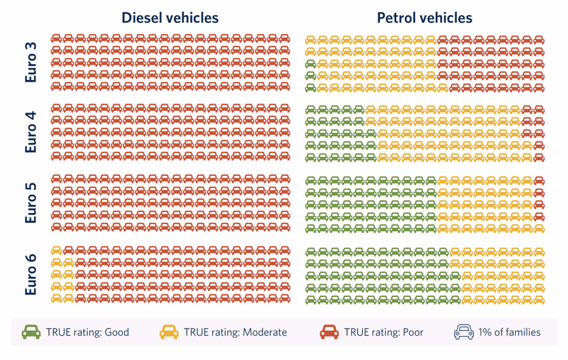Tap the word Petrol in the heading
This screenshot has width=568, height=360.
396,18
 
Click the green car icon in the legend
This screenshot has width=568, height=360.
31,332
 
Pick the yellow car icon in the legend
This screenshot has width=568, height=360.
169,332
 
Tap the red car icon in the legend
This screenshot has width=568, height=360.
329,332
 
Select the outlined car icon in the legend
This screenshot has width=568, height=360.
463,332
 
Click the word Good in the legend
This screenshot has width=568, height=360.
116,333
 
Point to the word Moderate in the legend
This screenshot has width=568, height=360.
265,333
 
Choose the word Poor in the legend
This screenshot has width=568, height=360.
412,333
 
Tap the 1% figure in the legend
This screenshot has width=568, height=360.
486,333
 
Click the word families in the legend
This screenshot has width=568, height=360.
523,333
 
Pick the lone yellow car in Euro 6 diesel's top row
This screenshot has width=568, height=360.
56,250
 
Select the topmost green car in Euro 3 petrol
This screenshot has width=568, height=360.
311,63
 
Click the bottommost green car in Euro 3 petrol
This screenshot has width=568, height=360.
311,87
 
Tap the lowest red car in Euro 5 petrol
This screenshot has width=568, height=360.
539,216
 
